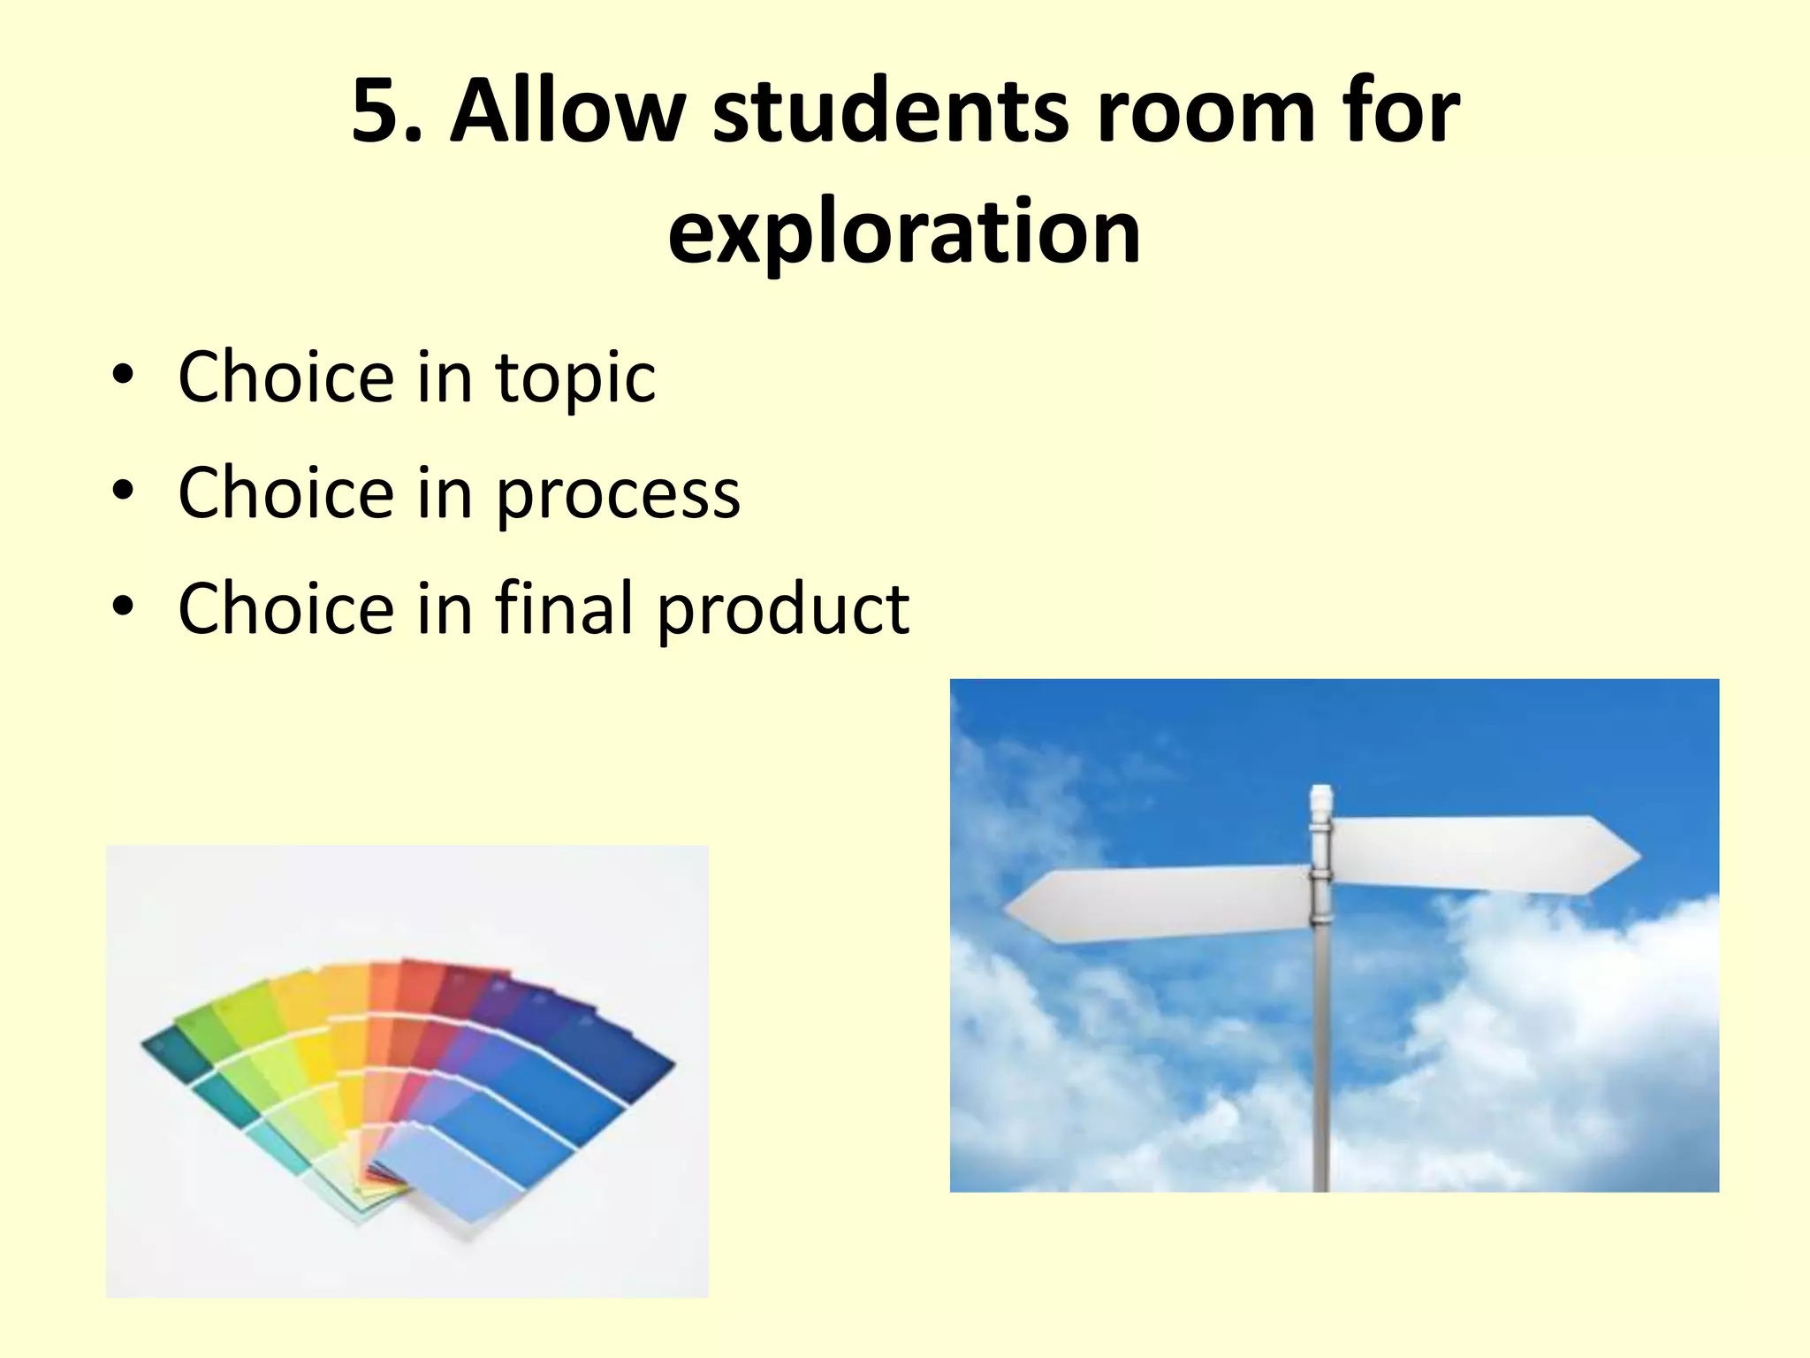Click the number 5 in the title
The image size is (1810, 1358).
(x=379, y=111)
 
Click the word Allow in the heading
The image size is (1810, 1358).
(x=567, y=111)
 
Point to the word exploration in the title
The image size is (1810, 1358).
(x=904, y=232)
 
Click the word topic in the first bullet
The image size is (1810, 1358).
(x=575, y=378)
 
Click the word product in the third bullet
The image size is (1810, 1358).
(x=783, y=610)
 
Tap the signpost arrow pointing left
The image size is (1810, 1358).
(x=1158, y=904)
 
